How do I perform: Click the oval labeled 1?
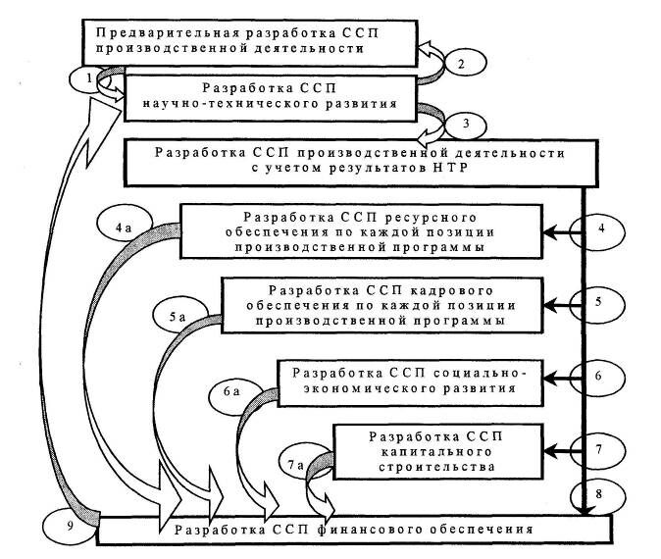point(89,76)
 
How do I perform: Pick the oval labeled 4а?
point(124,229)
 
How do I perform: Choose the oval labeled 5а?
point(178,317)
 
